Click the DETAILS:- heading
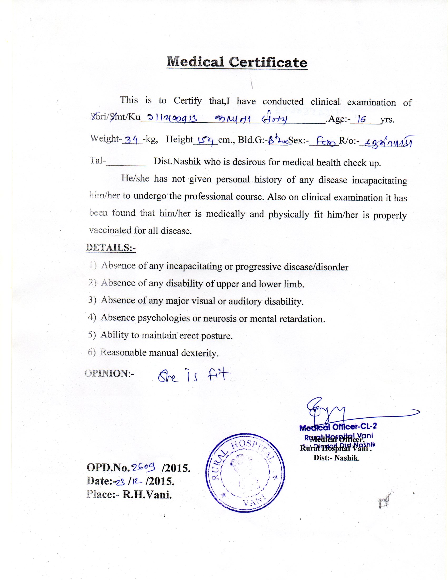coord(111,248)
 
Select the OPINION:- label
coord(109,373)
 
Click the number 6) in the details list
coord(91,352)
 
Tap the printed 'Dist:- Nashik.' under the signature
coord(336,458)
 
